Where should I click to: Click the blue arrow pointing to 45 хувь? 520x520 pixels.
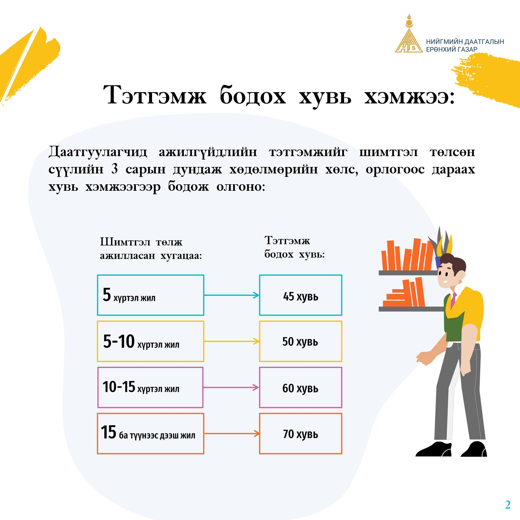click(x=232, y=295)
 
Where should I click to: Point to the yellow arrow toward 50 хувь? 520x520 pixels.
click(x=232, y=341)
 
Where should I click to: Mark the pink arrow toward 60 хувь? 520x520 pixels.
click(x=231, y=387)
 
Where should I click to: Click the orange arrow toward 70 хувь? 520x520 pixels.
click(x=232, y=434)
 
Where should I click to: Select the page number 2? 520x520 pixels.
click(x=508, y=505)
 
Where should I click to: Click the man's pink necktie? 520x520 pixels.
click(x=453, y=300)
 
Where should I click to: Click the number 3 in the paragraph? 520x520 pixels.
click(x=115, y=169)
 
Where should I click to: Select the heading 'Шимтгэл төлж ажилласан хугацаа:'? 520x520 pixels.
click(x=151, y=248)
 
